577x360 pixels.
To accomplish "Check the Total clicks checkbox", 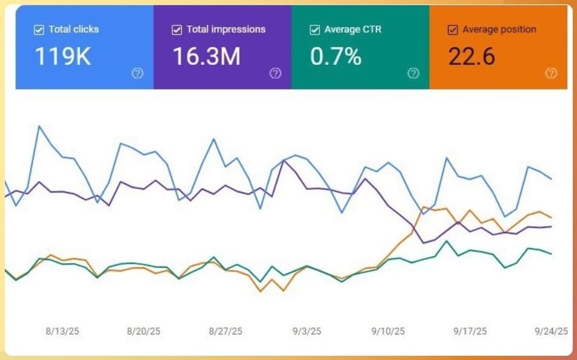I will (x=39, y=29).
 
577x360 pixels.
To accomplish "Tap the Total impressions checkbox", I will (x=177, y=29).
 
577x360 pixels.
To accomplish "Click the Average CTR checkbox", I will (x=315, y=29).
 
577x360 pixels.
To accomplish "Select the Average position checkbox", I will (x=452, y=29).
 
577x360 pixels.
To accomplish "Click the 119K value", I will (x=62, y=56).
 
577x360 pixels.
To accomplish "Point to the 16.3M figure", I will (x=206, y=56).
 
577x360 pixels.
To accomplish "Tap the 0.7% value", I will (x=336, y=56).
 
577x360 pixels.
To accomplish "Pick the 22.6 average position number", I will (x=472, y=56).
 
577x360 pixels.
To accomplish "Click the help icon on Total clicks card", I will (x=138, y=73).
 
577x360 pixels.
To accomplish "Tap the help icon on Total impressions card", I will (x=275, y=73).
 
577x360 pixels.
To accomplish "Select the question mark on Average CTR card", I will (x=413, y=73).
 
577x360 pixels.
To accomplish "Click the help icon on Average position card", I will (x=551, y=73).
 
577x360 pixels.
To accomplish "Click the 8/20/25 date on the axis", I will (x=144, y=332).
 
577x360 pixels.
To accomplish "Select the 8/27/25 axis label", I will (x=225, y=332).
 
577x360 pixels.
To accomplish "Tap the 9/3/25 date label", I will (x=307, y=332).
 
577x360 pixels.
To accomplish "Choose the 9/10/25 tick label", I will (x=388, y=332).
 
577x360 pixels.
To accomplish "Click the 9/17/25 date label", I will (x=470, y=332).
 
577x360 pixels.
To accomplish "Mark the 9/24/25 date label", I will (x=552, y=332).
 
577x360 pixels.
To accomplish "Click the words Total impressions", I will (x=226, y=29).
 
